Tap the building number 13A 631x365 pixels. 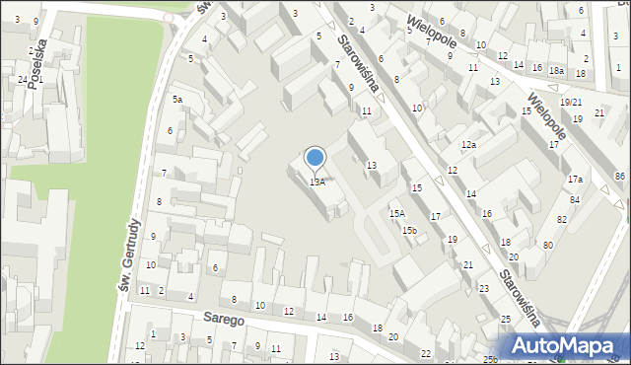pos(316,182)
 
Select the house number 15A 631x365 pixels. pos(397,213)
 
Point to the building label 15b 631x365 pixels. pos(409,230)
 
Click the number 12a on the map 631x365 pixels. pos(468,145)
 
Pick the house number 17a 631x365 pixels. pos(575,179)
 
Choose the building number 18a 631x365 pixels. pos(557,70)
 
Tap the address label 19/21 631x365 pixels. pos(571,103)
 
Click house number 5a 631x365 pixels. pos(177,100)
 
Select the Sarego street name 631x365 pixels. pos(224,320)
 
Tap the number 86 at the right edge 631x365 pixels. pos(619,176)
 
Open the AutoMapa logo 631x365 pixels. pos(565,345)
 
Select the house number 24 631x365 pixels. pos(22,79)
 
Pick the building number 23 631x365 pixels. pos(484,288)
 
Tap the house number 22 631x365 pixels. pos(425,353)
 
